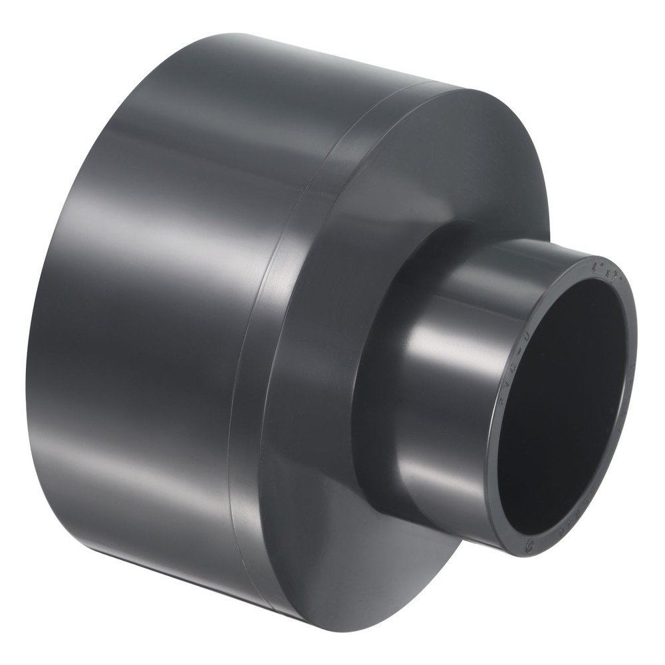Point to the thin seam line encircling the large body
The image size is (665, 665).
(x=259, y=332)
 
